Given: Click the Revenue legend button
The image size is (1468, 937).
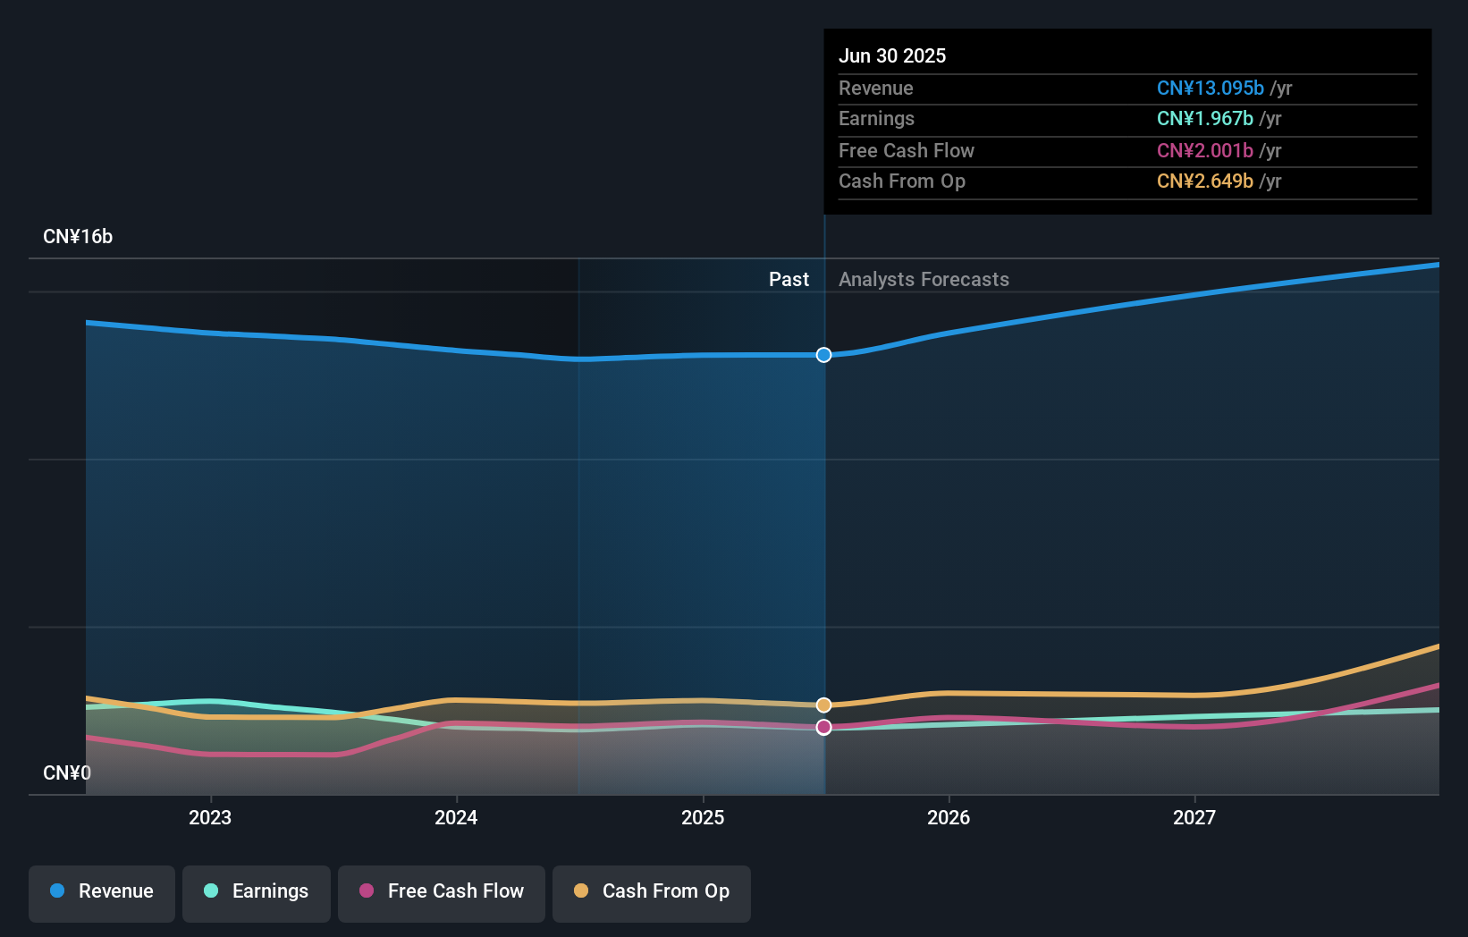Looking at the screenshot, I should tap(102, 891).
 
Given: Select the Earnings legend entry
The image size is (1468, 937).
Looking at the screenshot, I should tap(257, 891).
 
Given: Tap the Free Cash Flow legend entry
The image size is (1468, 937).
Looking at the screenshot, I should tap(442, 891).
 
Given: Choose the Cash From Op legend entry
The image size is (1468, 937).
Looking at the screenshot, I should tap(652, 891).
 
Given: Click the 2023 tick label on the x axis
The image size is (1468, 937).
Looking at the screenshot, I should tap(210, 817).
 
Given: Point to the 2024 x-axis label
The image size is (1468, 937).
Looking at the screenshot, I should tap(456, 817).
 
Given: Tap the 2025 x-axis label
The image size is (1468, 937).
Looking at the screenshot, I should tap(703, 817).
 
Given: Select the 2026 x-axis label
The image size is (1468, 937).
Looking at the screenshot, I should tap(949, 817).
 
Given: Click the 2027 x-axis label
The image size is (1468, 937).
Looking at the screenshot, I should tap(1194, 817).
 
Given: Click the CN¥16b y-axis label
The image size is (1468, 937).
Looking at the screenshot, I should tap(78, 237).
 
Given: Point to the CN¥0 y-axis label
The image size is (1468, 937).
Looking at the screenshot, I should tap(67, 772).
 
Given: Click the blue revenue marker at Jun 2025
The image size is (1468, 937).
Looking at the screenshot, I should tap(823, 355).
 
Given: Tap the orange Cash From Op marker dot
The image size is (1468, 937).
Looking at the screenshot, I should tap(823, 705).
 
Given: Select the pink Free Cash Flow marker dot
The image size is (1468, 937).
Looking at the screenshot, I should tap(823, 727).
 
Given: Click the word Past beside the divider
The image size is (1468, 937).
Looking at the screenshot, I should tap(789, 280).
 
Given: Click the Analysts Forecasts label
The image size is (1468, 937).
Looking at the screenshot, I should tap(924, 280).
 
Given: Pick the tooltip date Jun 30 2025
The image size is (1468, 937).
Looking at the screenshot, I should tap(892, 55).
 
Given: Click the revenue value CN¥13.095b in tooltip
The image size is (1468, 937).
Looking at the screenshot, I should tap(1210, 88).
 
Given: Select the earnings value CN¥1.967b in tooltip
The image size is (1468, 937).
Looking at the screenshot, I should tap(1204, 118).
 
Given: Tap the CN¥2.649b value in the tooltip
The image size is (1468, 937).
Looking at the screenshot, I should tap(1204, 181).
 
